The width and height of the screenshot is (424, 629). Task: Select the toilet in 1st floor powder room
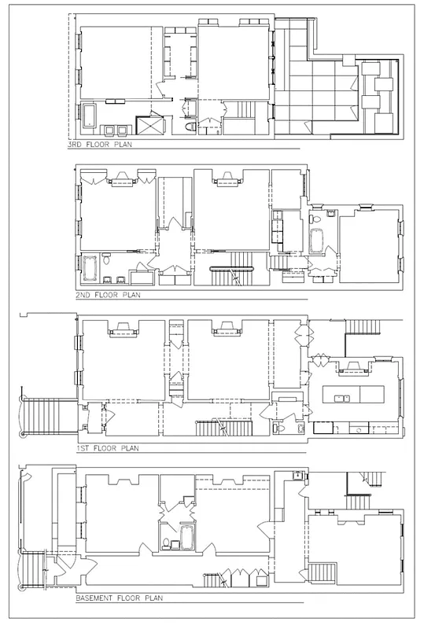[x=282, y=429]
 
